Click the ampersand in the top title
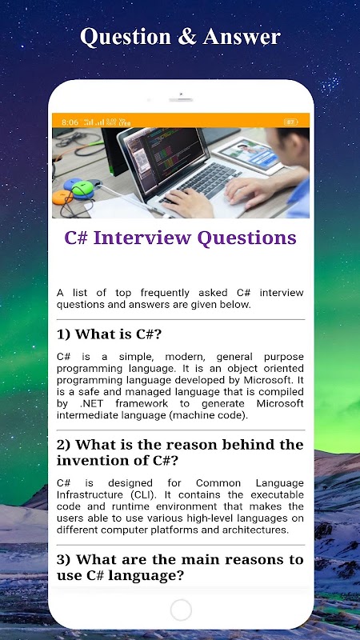[x=186, y=37]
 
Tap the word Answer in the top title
[x=242, y=37]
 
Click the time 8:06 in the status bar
[x=70, y=122]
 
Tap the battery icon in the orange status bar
[x=290, y=122]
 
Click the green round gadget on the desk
[x=82, y=188]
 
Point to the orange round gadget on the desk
[x=62, y=198]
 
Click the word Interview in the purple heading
[x=142, y=238]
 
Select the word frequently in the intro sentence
[x=165, y=293]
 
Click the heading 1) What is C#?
[x=110, y=334]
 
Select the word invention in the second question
[x=92, y=461]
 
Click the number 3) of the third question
[x=64, y=559]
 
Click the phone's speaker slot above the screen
[x=181, y=99]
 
